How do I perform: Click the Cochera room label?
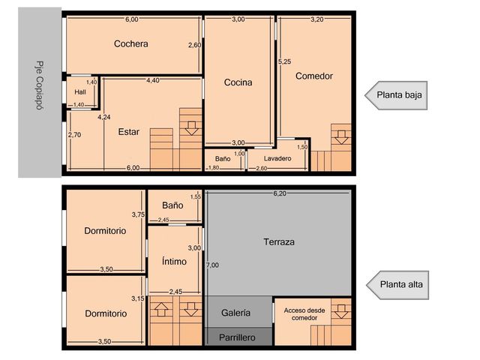131,43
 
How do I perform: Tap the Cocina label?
238,82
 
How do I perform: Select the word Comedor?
314,76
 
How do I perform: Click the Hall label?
80,91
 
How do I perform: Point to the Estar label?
128,132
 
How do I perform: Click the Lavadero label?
277,158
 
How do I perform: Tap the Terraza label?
279,241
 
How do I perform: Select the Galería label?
235,313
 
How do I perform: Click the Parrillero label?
237,337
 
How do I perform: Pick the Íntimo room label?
174,261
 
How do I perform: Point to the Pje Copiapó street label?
40,85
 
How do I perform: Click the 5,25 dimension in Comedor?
285,61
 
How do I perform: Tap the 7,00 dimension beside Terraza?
212,265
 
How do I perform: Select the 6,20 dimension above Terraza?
280,193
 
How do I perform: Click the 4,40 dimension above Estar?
153,80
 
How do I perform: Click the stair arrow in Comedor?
341,137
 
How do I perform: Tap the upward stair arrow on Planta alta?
161,310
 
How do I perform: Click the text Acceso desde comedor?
304,314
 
